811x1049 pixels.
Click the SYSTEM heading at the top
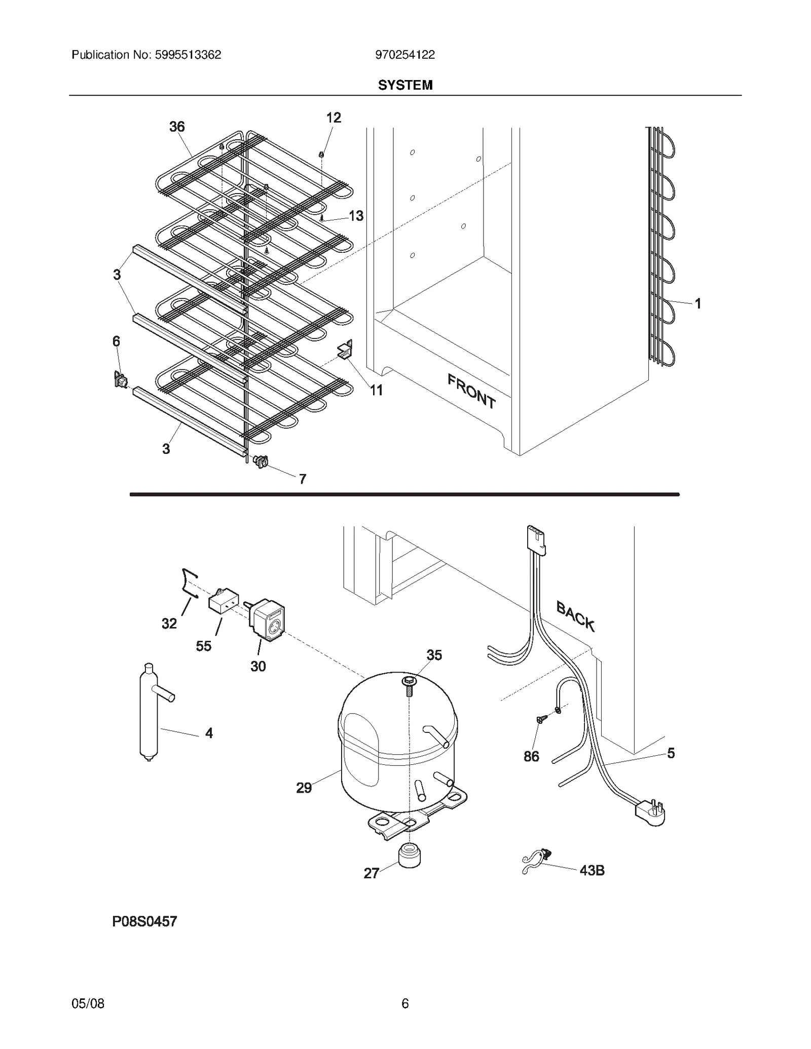[x=405, y=85]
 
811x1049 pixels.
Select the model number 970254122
[x=404, y=55]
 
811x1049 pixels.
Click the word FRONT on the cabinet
[x=471, y=391]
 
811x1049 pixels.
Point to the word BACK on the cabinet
[x=575, y=615]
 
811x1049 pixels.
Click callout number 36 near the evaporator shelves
[x=177, y=127]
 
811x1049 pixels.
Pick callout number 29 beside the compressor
[x=304, y=788]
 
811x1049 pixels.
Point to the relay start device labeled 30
[x=267, y=617]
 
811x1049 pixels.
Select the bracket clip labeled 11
[x=345, y=350]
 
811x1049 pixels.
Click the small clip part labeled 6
[x=120, y=379]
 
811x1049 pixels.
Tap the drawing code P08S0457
[x=144, y=921]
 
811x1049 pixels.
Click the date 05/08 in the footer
[x=88, y=1003]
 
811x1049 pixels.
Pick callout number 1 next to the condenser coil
[x=697, y=303]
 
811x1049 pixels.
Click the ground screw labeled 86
[x=540, y=720]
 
